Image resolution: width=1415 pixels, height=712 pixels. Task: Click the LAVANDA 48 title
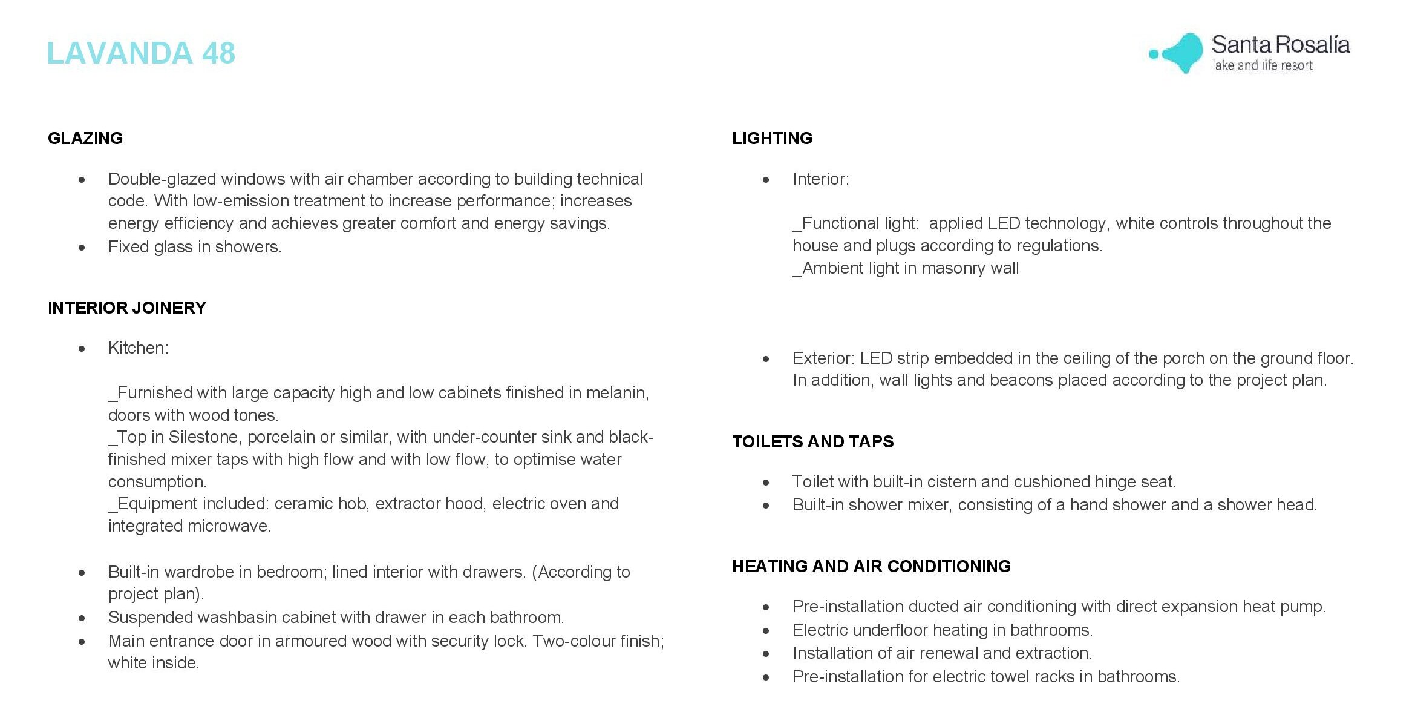[140, 53]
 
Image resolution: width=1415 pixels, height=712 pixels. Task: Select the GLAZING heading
[85, 139]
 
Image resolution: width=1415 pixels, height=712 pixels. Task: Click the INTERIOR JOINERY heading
[127, 308]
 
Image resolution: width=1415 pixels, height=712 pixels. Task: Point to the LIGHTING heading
[772, 139]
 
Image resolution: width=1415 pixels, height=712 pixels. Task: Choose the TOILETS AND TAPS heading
[812, 442]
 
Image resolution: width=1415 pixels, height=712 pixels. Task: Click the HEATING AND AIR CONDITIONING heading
[871, 567]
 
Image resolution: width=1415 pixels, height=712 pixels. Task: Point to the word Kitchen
[137, 348]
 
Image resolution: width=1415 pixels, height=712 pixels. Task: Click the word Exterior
[822, 358]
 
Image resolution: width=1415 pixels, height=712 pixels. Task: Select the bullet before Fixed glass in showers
[82, 248]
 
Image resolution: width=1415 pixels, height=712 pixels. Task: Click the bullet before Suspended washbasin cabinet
[82, 618]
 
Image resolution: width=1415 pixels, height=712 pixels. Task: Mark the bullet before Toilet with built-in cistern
[766, 483]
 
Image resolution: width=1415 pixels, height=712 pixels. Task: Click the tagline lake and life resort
[1262, 65]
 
